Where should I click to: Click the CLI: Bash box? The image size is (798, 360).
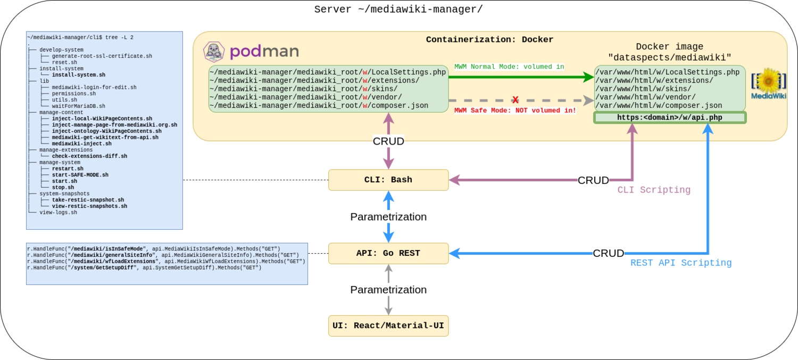coord(388,180)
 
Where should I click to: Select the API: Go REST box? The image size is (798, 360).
coord(388,253)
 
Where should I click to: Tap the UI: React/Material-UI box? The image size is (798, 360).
coord(388,325)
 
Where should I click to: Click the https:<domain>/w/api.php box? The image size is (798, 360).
coord(670,118)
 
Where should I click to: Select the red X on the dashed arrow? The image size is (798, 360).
coord(515,100)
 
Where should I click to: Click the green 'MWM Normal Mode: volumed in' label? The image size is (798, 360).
coord(509,67)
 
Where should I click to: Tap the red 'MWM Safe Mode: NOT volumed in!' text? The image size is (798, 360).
coord(515,111)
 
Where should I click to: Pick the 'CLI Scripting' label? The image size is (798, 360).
coord(654,190)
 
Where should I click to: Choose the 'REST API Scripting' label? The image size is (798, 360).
coord(681,263)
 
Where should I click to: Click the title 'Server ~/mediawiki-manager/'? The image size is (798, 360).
coord(398,10)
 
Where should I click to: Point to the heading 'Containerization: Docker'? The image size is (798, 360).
coord(489,40)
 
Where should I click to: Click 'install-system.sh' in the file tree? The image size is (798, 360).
coord(78,75)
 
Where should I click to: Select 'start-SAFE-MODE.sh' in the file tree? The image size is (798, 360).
coord(80,175)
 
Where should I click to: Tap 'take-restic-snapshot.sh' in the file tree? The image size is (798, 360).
coord(88,200)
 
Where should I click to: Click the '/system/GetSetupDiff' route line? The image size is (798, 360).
coord(144,268)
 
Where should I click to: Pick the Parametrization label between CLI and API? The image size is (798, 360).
coord(388,217)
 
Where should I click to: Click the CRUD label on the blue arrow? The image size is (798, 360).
coord(608,254)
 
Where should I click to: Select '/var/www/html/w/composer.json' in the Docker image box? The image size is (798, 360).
coord(659,106)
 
